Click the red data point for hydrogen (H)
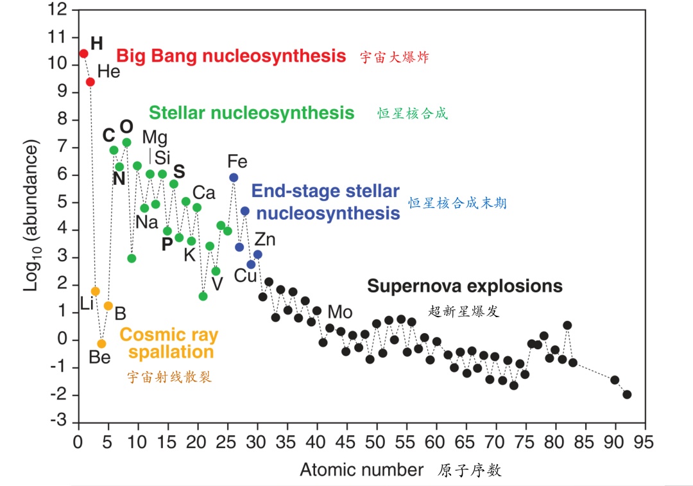(x=83, y=53)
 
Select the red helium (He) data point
(x=90, y=82)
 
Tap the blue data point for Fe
(x=234, y=177)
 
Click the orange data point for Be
(x=101, y=343)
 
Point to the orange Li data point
(x=95, y=291)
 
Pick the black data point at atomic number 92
(x=627, y=394)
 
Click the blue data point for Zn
(x=257, y=255)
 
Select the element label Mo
(x=340, y=313)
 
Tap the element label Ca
(x=203, y=193)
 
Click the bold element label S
(x=179, y=171)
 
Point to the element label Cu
(x=244, y=276)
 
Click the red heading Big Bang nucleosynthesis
(x=231, y=56)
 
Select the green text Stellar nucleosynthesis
(x=252, y=113)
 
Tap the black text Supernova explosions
(x=465, y=286)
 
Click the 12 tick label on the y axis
(x=57, y=9)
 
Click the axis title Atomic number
(x=361, y=470)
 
